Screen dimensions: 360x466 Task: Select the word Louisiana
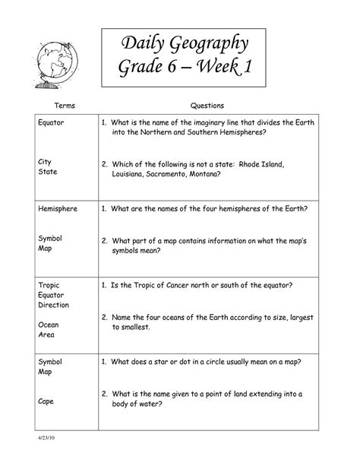(x=130, y=173)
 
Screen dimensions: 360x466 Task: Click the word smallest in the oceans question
(x=131, y=327)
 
